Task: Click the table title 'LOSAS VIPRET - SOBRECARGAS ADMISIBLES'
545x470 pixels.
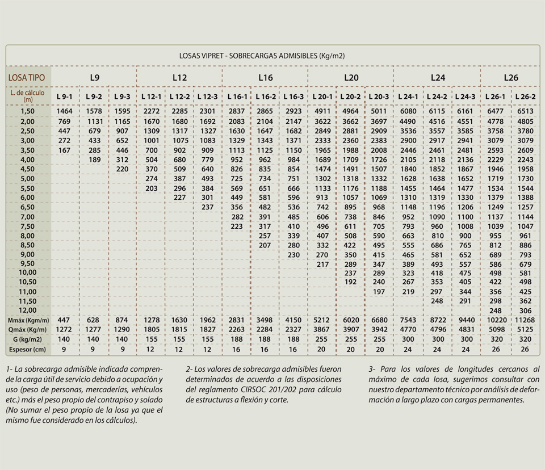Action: [x=248, y=56]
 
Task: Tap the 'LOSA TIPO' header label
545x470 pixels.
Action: [x=27, y=78]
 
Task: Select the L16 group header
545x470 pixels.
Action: [x=266, y=78]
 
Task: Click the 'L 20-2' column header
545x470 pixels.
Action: [x=350, y=96]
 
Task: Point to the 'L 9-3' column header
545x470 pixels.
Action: [x=123, y=96]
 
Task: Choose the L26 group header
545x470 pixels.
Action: [x=511, y=78]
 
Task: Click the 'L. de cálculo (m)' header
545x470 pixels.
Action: [x=27, y=96]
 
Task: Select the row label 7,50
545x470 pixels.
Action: [x=28, y=226]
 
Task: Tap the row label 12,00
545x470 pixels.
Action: [x=28, y=310]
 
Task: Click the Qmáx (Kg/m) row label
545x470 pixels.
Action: [x=27, y=330]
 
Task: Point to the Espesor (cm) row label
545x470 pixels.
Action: [x=27, y=349]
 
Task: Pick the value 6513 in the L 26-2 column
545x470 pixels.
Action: [x=525, y=111]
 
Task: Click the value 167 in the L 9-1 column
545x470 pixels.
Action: [x=64, y=150]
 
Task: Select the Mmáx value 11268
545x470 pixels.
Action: [x=525, y=320]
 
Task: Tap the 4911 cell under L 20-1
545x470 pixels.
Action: [x=322, y=111]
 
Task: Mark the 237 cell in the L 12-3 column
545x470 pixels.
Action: [x=208, y=207]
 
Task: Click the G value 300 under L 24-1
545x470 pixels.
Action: [x=408, y=339]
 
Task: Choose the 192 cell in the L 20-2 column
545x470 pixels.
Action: [x=350, y=282]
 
